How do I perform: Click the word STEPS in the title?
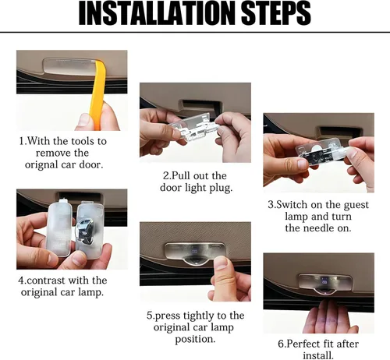pos(276,13)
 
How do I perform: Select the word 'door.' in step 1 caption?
pos(91,164)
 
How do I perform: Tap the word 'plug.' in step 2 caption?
pos(221,188)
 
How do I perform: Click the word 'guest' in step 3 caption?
pos(356,205)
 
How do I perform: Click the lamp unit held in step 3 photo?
pos(321,151)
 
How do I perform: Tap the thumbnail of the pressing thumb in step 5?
pos(220,263)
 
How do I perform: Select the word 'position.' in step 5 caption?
pos(195,339)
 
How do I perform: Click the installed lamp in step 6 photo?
pos(324,284)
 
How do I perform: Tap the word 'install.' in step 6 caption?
pos(318,355)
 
